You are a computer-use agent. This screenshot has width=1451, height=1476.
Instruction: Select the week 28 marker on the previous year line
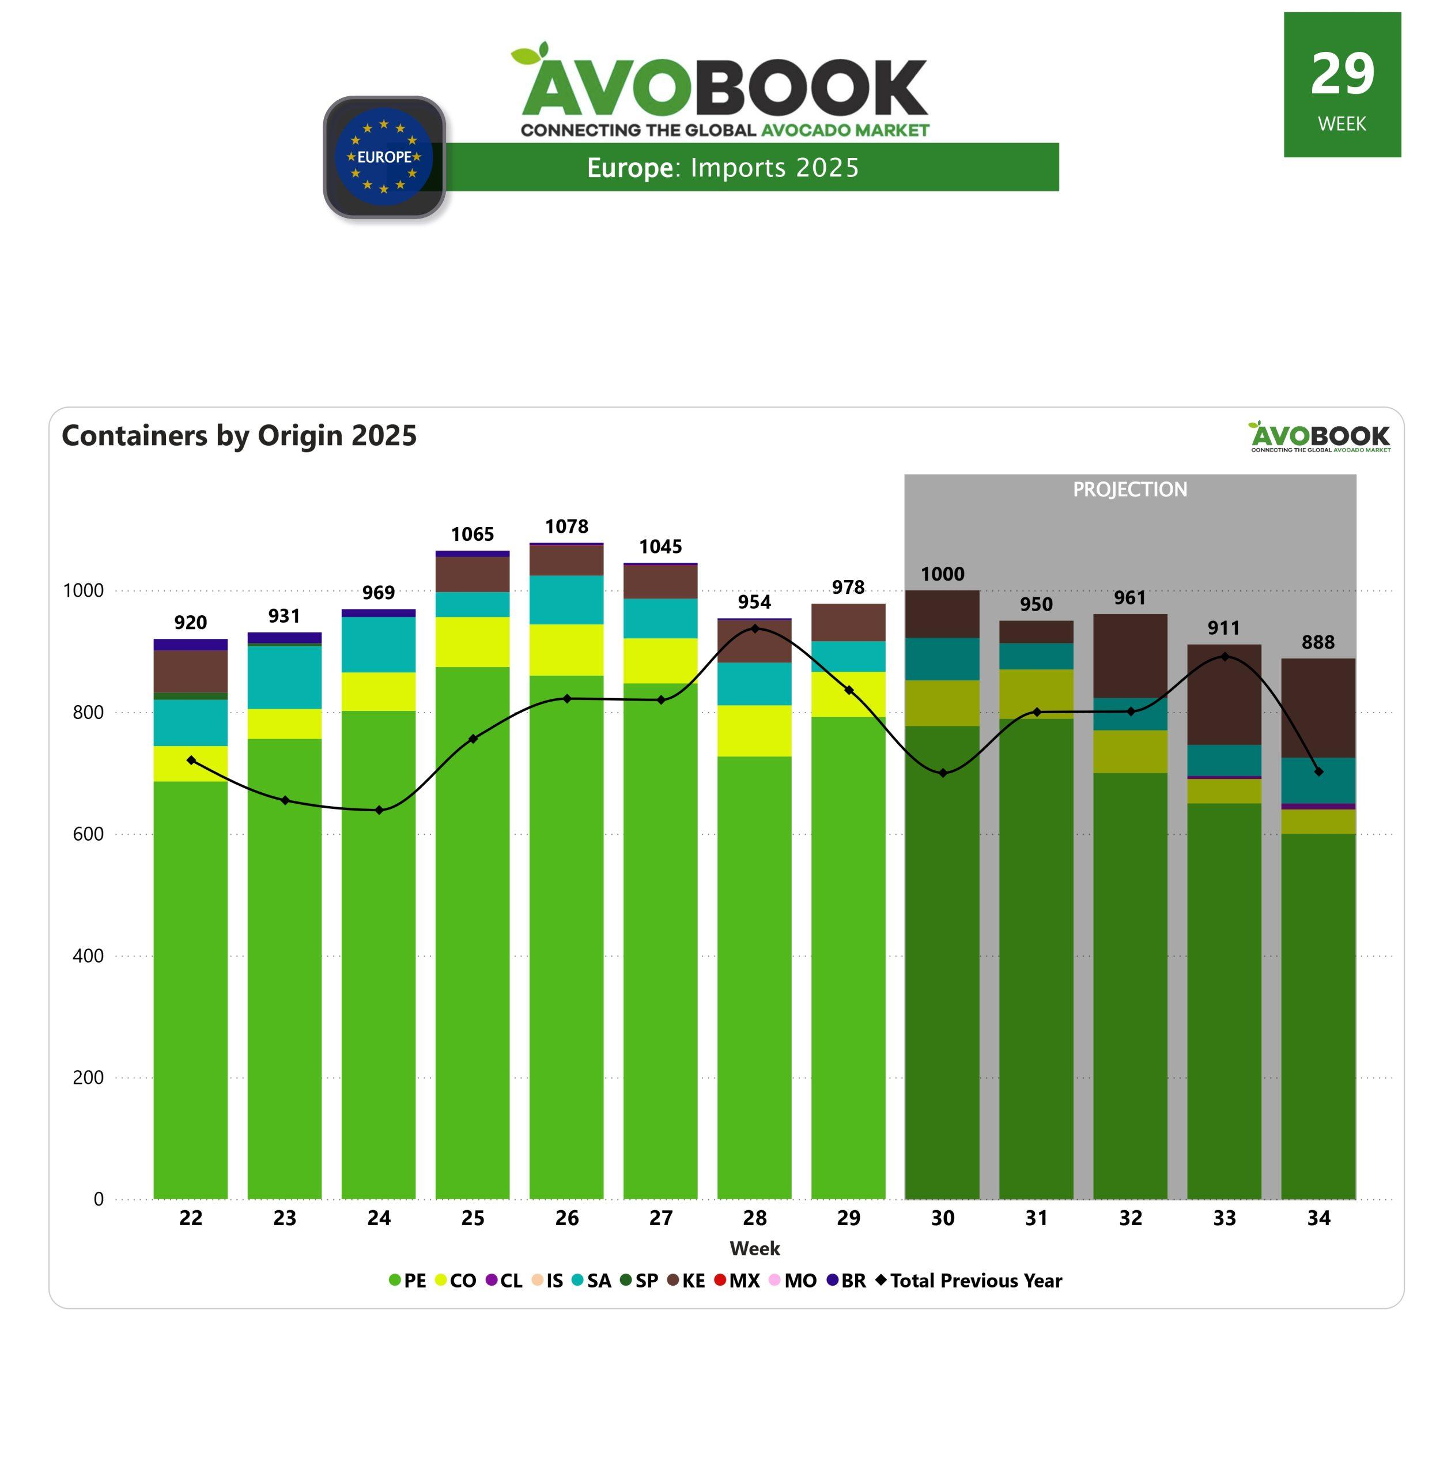pyautogui.click(x=754, y=628)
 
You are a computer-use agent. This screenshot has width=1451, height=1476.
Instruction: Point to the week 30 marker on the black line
pyautogui.click(x=943, y=773)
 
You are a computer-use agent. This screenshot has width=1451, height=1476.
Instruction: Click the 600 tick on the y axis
pyautogui.click(x=88, y=834)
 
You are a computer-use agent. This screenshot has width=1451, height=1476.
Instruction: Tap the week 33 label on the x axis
pyautogui.click(x=1224, y=1218)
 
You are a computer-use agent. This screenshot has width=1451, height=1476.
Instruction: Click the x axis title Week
pyautogui.click(x=754, y=1248)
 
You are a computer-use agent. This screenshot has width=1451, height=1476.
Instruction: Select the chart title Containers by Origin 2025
pyautogui.click(x=239, y=435)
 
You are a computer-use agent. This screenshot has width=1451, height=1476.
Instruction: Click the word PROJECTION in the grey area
pyautogui.click(x=1129, y=490)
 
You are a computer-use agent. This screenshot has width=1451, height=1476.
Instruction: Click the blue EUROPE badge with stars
pyautogui.click(x=384, y=157)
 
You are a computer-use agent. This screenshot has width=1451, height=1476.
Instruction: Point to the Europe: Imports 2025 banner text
pyautogui.click(x=723, y=168)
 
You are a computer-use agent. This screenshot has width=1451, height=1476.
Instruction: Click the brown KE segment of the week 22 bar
pyautogui.click(x=191, y=671)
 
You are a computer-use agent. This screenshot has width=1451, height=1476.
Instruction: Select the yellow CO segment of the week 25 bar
pyautogui.click(x=473, y=642)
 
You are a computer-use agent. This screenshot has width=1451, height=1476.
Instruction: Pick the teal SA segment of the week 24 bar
pyautogui.click(x=379, y=644)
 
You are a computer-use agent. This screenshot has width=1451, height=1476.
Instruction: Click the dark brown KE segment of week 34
pyautogui.click(x=1318, y=707)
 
